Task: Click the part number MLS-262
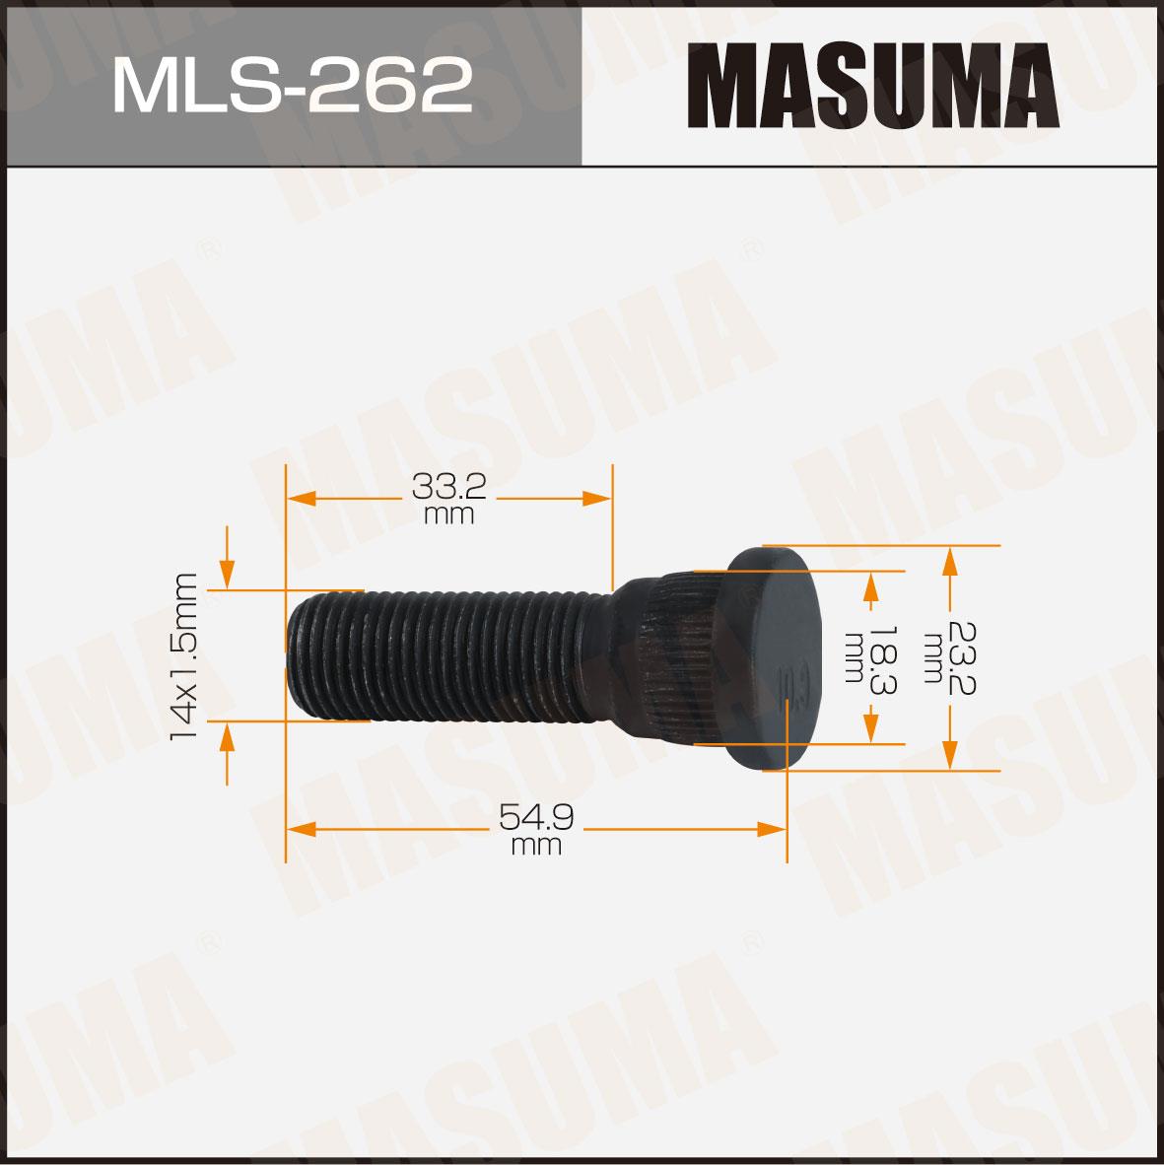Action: point(292,86)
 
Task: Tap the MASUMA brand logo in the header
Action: point(873,86)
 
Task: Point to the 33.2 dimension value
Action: point(448,487)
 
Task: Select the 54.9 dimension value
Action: point(535,818)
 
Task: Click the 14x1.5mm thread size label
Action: point(183,656)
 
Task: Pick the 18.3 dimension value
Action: point(883,659)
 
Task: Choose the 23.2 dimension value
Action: point(961,658)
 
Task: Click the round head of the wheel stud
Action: point(773,658)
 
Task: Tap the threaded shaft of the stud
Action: point(445,654)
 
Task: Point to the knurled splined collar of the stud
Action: point(680,656)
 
